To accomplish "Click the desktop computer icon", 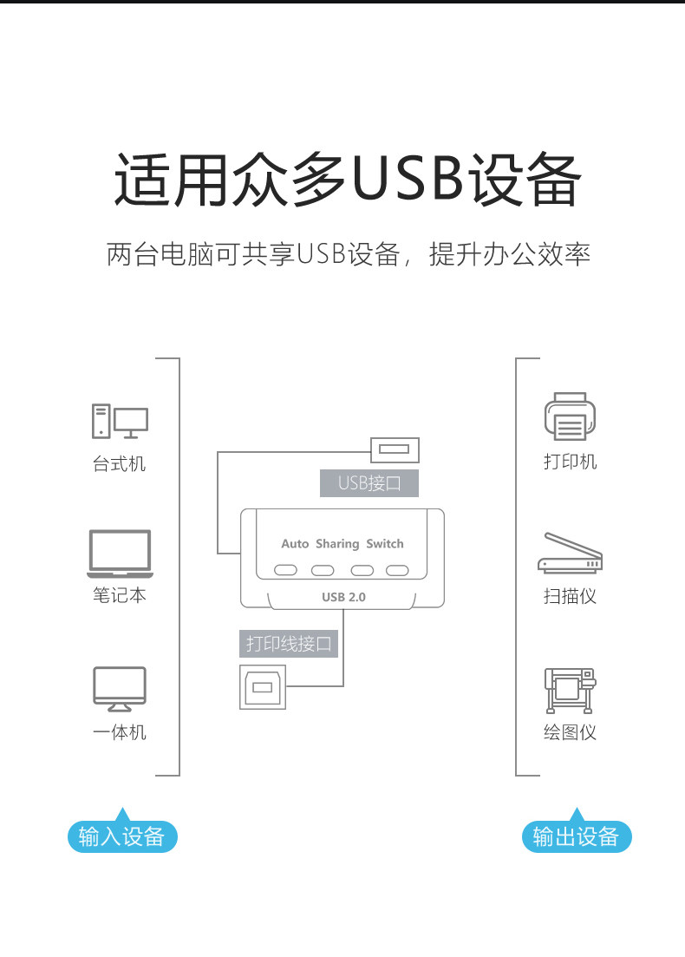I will pyautogui.click(x=120, y=422).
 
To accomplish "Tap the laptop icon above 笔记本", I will pyautogui.click(x=120, y=554).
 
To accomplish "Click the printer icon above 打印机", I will pyautogui.click(x=570, y=416).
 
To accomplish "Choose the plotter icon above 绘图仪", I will pyautogui.click(x=570, y=691).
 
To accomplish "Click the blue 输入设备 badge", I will pyautogui.click(x=122, y=837).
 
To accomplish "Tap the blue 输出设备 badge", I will pyautogui.click(x=577, y=837).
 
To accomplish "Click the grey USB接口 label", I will pyautogui.click(x=369, y=483).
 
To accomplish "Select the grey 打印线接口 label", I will pyautogui.click(x=289, y=644).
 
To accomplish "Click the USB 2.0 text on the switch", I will pyautogui.click(x=343, y=597).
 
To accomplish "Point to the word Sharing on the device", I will pyautogui.click(x=337, y=544).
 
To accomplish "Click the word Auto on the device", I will pyautogui.click(x=295, y=544).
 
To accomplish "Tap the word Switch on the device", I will pyautogui.click(x=385, y=544).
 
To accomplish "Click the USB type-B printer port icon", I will pyautogui.click(x=262, y=687).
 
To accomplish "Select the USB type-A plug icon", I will pyautogui.click(x=395, y=449).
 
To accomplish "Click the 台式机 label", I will pyautogui.click(x=120, y=464).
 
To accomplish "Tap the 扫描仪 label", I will pyautogui.click(x=570, y=596).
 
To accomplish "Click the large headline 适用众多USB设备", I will pyautogui.click(x=347, y=180).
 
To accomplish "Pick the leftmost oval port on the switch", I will pyautogui.click(x=286, y=570).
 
